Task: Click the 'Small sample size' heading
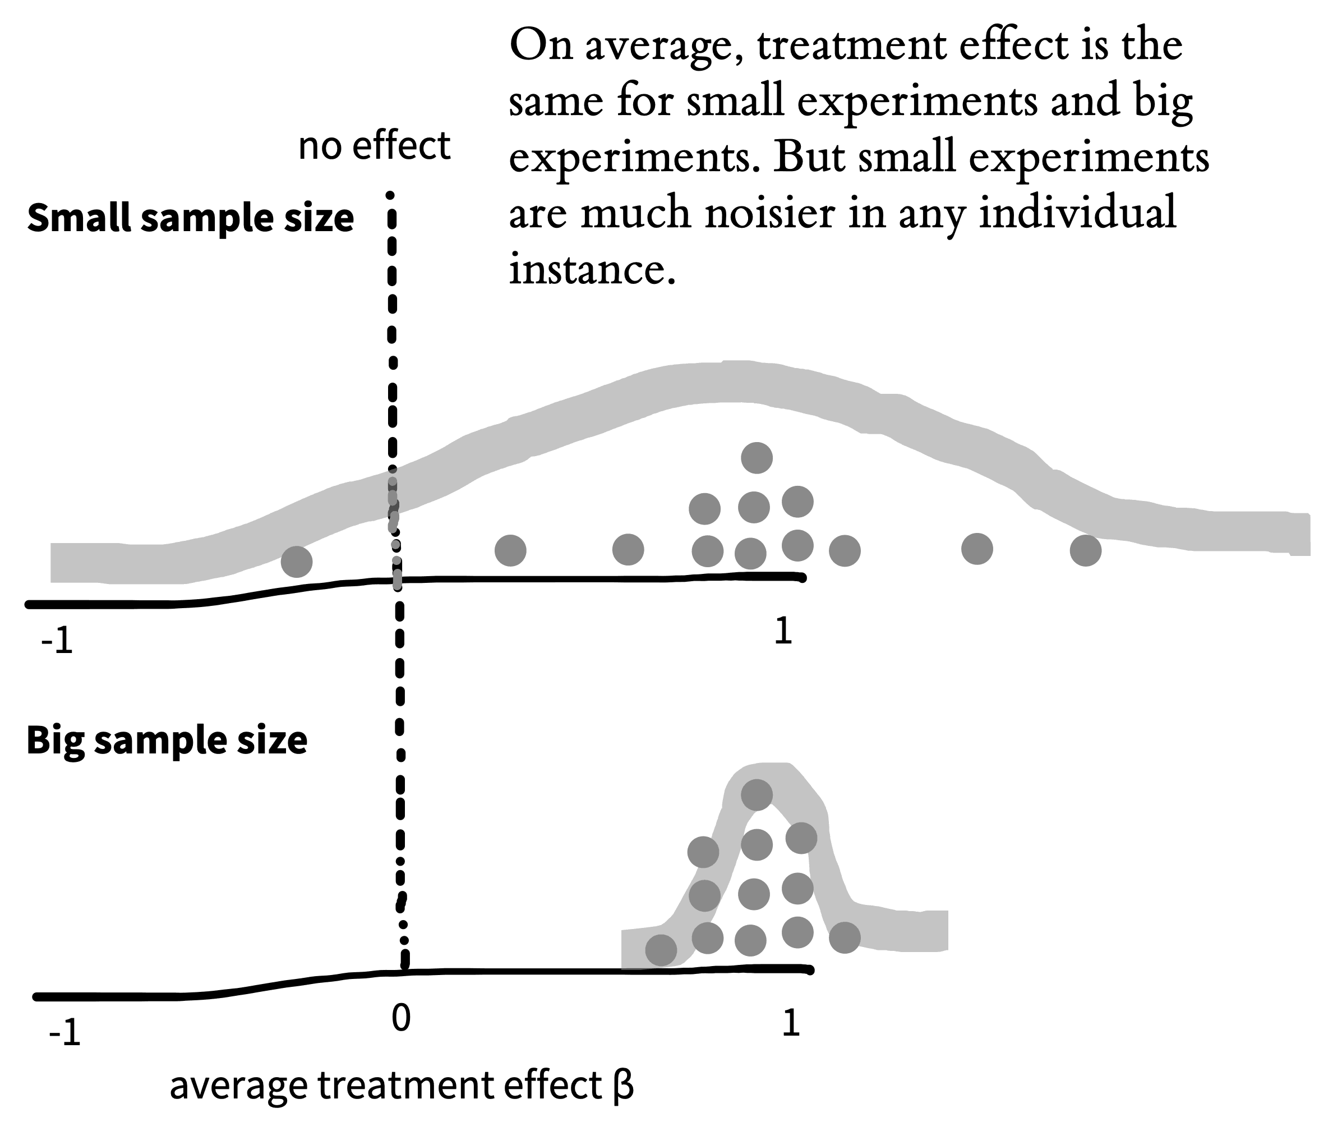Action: (x=190, y=218)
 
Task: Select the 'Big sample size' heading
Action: (x=167, y=741)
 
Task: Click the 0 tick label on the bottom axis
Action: (x=400, y=1018)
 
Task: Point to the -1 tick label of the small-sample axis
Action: (x=57, y=642)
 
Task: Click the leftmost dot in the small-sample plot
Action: (x=297, y=562)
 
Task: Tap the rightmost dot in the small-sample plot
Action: (x=1086, y=550)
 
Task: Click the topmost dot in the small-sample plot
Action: (x=757, y=458)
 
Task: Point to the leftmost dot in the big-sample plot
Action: (x=661, y=950)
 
